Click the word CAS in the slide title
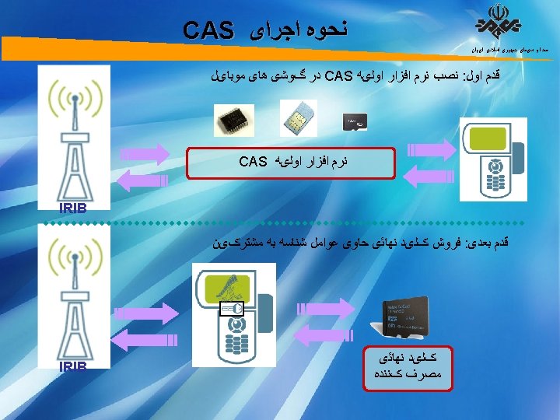209,30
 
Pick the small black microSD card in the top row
355,121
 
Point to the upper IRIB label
77,208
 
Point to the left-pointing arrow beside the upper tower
144,178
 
